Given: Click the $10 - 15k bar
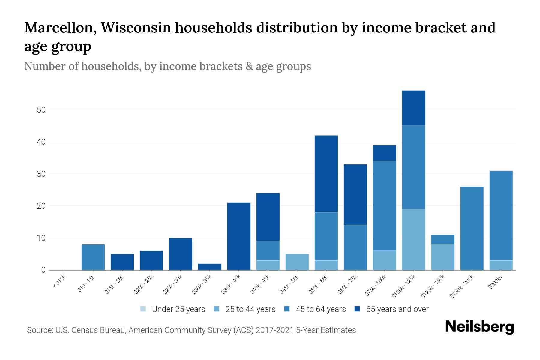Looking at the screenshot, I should pyautogui.click(x=93, y=257).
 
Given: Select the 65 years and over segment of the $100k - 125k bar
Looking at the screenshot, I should pyautogui.click(x=413, y=108).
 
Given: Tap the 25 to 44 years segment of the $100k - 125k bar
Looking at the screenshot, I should pyautogui.click(x=413, y=239).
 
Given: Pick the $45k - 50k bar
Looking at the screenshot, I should pyautogui.click(x=297, y=262).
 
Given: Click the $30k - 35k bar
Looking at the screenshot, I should pyautogui.click(x=210, y=267).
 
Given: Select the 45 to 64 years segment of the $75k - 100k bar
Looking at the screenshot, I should pyautogui.click(x=384, y=206).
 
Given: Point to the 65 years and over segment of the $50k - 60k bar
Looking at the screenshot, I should pyautogui.click(x=326, y=174).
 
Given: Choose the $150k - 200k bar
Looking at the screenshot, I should pyautogui.click(x=472, y=228).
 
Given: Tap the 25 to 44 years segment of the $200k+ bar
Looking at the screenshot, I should pyautogui.click(x=501, y=265).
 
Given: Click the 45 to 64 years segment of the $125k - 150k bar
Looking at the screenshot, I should pyautogui.click(x=442, y=239).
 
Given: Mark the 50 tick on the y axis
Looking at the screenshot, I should pyautogui.click(x=41, y=110).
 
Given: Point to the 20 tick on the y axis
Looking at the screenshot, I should pyautogui.click(x=41, y=206).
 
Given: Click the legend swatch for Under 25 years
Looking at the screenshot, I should pyautogui.click(x=143, y=309).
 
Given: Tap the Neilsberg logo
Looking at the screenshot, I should pyautogui.click(x=479, y=327).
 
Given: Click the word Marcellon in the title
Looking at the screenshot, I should pyautogui.click(x=60, y=28).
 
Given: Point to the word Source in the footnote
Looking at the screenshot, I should pyautogui.click(x=39, y=330).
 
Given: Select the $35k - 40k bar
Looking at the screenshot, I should pyautogui.click(x=239, y=236).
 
